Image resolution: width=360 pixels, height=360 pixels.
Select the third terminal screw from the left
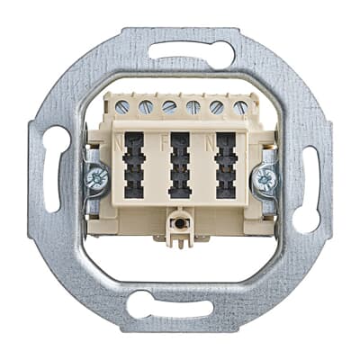169,106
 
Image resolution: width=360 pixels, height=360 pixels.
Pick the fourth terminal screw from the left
193,106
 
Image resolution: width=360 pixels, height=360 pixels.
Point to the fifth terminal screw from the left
216,106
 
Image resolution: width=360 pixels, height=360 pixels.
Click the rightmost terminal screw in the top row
238,106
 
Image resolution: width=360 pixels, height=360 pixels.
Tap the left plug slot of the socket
134,166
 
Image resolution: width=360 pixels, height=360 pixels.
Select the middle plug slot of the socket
180,166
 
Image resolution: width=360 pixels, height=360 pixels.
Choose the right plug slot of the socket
225,166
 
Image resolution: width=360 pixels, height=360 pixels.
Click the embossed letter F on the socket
164,141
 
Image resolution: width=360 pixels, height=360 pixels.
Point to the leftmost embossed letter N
117,141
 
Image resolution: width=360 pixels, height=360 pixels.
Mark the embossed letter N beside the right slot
209,141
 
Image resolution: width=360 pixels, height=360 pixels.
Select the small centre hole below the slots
180,220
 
